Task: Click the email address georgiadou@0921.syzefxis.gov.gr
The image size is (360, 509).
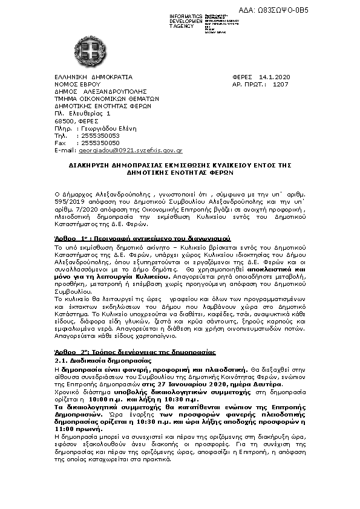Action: (x=130, y=149)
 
